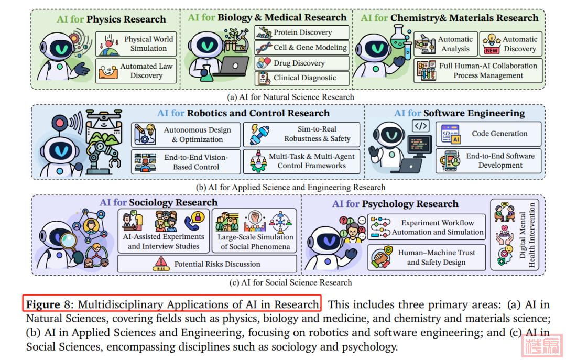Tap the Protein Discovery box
point(302,32)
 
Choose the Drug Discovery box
point(302,63)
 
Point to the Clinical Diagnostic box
point(302,78)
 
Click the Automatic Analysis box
point(445,44)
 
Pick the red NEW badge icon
point(492,50)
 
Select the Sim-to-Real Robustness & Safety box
point(302,134)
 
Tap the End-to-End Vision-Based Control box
point(187,162)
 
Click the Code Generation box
point(489,134)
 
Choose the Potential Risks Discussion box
point(207,264)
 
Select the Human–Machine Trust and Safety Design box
point(427,257)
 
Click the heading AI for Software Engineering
point(459,113)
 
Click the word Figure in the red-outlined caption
point(43,304)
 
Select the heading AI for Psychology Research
point(395,204)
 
